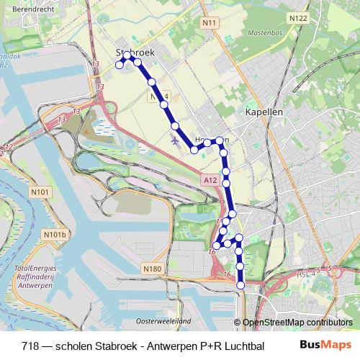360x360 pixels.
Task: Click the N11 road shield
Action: pyautogui.click(x=210, y=24)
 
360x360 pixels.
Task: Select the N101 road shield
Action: pyautogui.click(x=41, y=192)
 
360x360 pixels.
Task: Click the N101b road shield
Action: pyautogui.click(x=55, y=235)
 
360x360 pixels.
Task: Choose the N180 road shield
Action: pyautogui.click(x=153, y=269)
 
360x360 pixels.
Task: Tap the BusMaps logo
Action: pyautogui.click(x=325, y=344)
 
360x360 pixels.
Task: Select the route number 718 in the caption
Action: pyautogui.click(x=31, y=344)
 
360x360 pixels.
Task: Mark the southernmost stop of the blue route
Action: pyautogui.click(x=240, y=285)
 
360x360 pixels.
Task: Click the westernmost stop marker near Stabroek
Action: pyautogui.click(x=120, y=66)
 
